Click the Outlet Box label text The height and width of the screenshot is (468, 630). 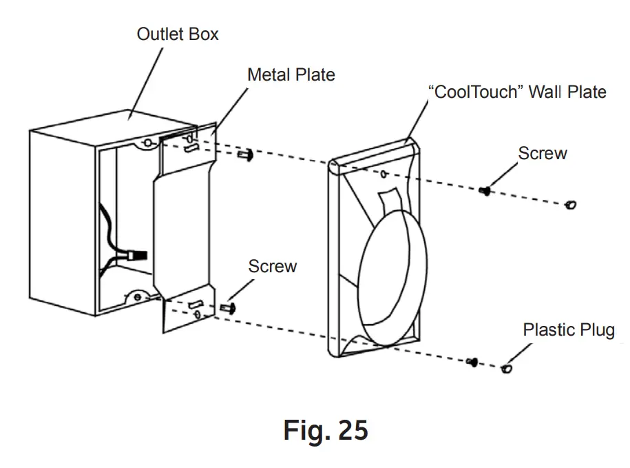pyautogui.click(x=178, y=34)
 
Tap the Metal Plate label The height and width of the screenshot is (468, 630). pyautogui.click(x=291, y=74)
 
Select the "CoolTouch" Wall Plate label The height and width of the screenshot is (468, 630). pyautogui.click(x=517, y=92)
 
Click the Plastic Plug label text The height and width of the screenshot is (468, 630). pyautogui.click(x=569, y=329)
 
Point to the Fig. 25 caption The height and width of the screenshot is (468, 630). pyautogui.click(x=326, y=430)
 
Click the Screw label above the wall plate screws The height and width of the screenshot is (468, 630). pyautogui.click(x=543, y=153)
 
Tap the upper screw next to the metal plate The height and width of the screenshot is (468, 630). pyautogui.click(x=245, y=156)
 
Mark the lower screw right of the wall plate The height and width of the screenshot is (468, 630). pyautogui.click(x=472, y=361)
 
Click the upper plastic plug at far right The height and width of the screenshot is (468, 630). pyautogui.click(x=570, y=204)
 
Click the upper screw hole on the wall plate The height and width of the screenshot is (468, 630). pyautogui.click(x=383, y=174)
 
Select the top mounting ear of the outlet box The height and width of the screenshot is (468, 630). pyautogui.click(x=147, y=143)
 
